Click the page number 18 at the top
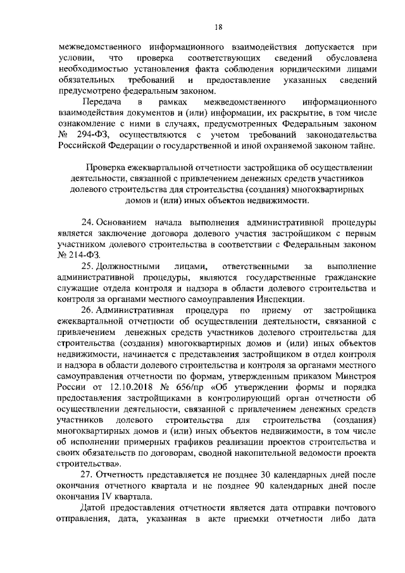pos(218,26)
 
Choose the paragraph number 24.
pos(89,222)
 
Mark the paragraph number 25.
pos(89,267)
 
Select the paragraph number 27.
pos(89,475)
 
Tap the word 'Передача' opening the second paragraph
pos(103,101)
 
